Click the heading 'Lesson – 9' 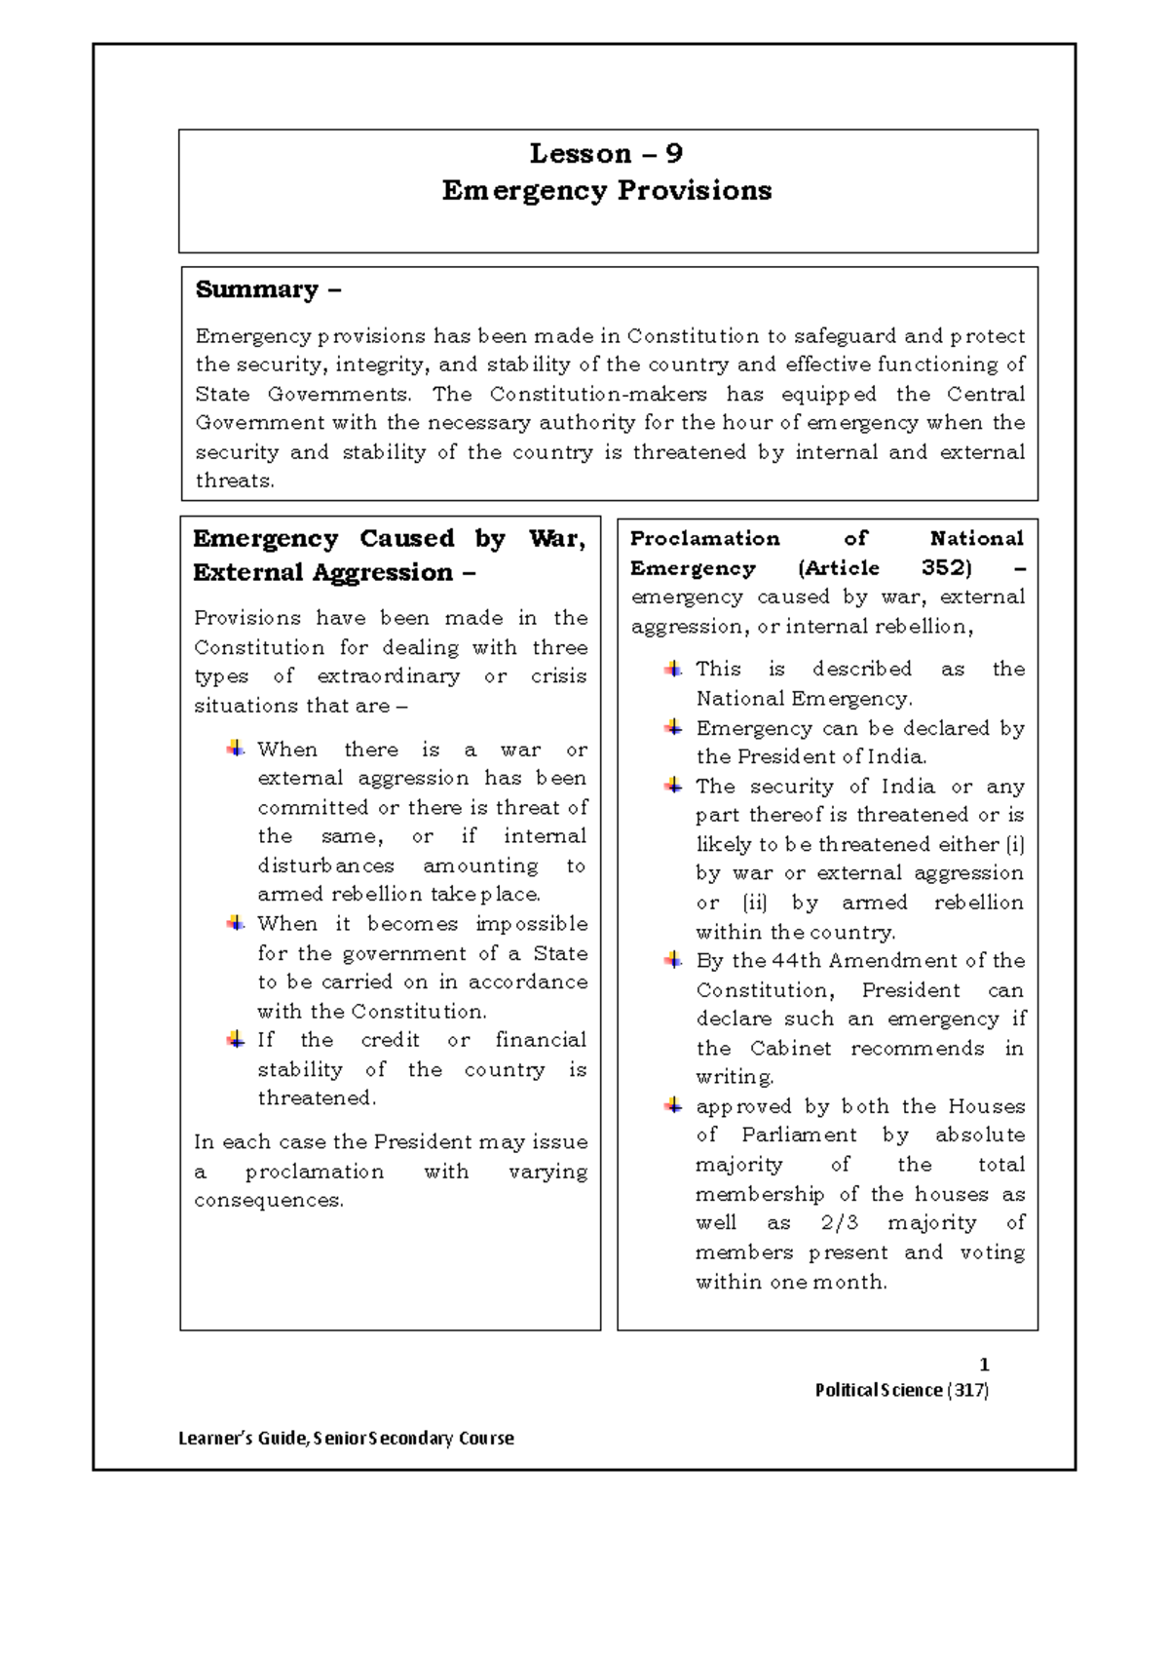(606, 154)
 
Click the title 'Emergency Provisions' (606, 190)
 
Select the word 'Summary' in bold (257, 289)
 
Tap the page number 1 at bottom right (984, 1365)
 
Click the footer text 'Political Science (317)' (901, 1390)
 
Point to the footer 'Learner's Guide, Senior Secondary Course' (346, 1438)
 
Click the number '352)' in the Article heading (946, 568)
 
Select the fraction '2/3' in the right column (840, 1223)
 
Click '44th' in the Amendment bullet (797, 961)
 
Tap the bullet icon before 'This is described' (673, 670)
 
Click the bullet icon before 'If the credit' (235, 1040)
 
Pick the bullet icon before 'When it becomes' (235, 923)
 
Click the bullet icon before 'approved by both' (673, 1106)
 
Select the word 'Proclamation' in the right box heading (704, 539)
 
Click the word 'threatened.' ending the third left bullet (317, 1098)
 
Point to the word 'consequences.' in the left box (269, 1201)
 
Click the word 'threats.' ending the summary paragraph (235, 481)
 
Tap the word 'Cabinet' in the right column (791, 1049)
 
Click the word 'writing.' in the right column (735, 1077)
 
